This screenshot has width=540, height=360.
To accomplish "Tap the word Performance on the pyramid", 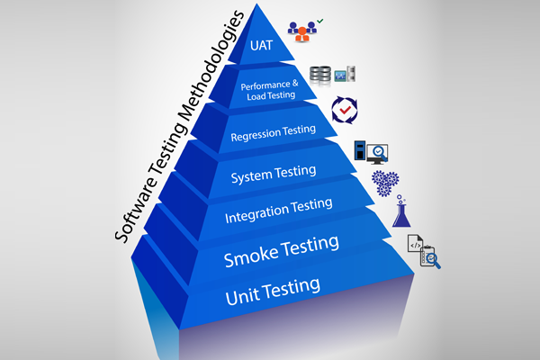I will click(x=264, y=85).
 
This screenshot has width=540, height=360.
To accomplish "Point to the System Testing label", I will click(x=274, y=172).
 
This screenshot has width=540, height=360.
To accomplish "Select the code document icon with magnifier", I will click(x=422, y=254).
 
